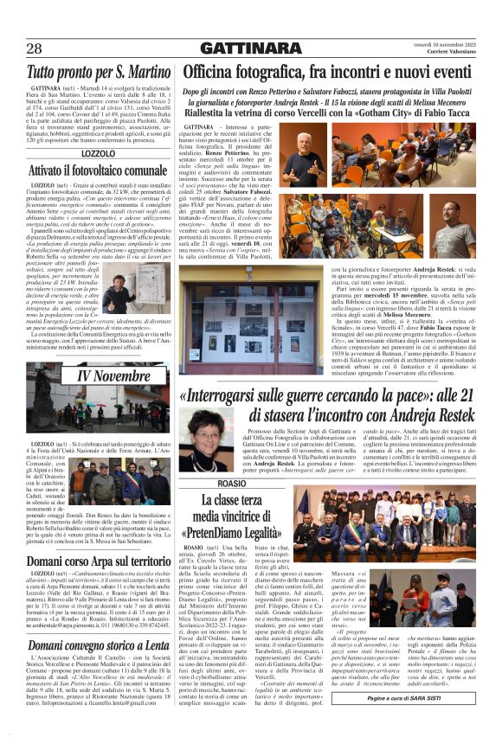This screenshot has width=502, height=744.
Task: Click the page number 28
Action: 34,48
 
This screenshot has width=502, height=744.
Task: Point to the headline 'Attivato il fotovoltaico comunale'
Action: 98,170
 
